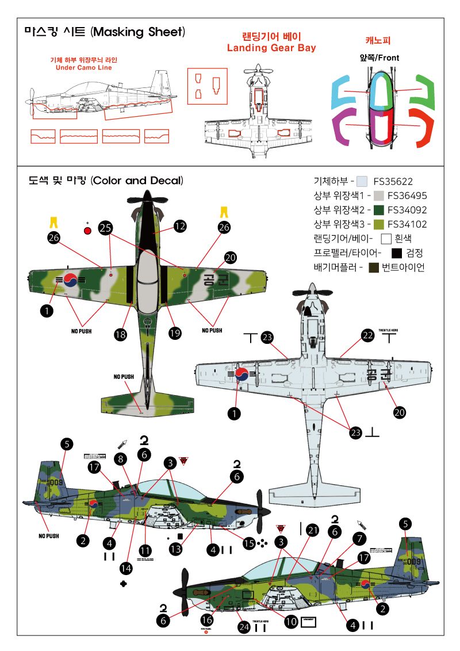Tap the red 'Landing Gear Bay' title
pos(271,48)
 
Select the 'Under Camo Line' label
pos(83,68)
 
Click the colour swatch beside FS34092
pos(378,209)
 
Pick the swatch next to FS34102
pos(378,224)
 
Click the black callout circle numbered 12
pos(180,227)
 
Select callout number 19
pos(175,332)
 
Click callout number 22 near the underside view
pos(367,335)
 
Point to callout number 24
pos(244,628)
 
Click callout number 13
pos(175,549)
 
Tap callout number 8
pos(120,458)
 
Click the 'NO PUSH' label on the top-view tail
pos(124,377)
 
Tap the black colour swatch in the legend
pos(396,252)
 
